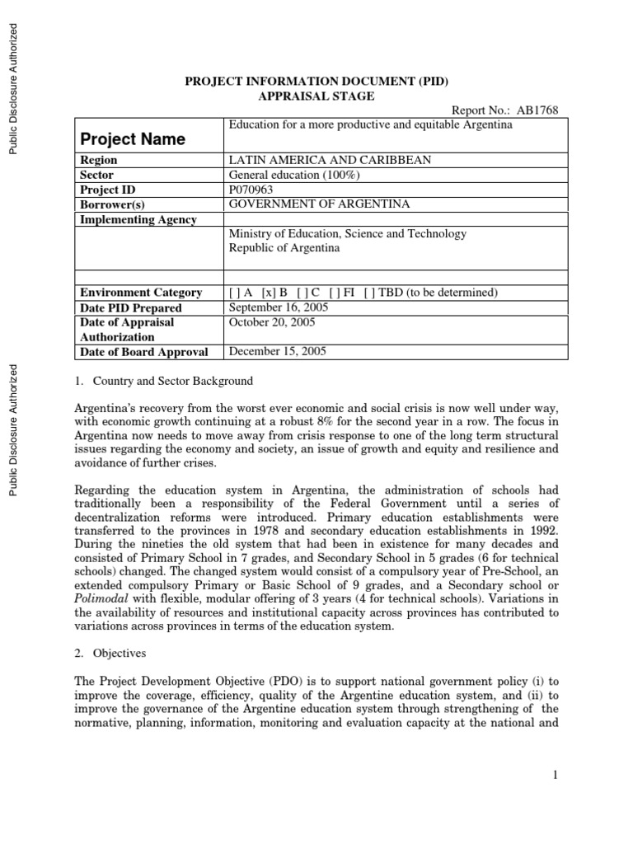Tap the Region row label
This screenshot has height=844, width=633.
click(98, 160)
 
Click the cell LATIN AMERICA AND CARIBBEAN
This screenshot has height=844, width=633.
click(329, 160)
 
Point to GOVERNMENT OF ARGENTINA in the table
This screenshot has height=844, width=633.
click(318, 204)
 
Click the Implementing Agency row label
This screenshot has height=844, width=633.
click(138, 219)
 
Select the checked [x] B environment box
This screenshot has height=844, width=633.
click(274, 293)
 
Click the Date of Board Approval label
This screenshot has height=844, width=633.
click(144, 352)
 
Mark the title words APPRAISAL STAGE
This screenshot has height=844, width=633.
click(316, 96)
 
